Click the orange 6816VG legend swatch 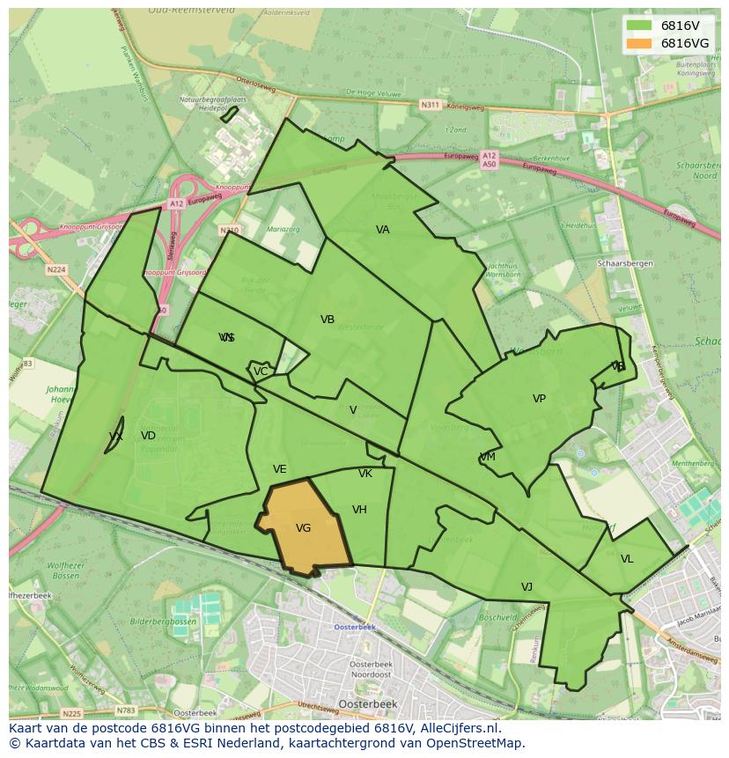point(639,43)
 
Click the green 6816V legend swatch point(639,26)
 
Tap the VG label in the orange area point(304,528)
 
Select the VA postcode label point(383,230)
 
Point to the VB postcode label point(328,320)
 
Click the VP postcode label point(539,399)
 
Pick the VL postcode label point(627,559)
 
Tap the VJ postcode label point(526,587)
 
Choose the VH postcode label point(359,510)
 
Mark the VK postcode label point(365,474)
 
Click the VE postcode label point(280,469)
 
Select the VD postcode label point(148,436)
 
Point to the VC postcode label point(261,372)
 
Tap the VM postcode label point(488,457)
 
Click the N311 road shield point(430,105)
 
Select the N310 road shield point(229,231)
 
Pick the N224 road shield point(56,270)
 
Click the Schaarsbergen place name point(623,263)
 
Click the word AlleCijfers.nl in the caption point(457,728)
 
